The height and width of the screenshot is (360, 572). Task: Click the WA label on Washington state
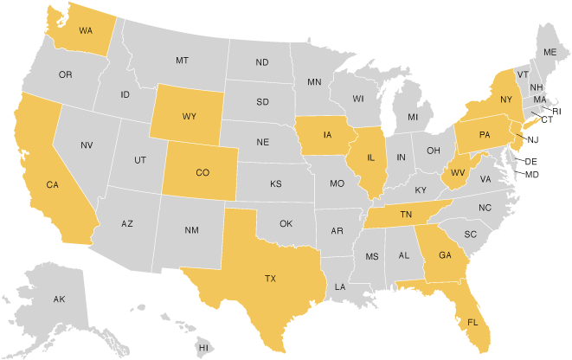coord(86,30)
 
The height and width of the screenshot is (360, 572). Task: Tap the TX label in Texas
coord(270,279)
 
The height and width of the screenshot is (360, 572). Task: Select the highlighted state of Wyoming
coord(189,116)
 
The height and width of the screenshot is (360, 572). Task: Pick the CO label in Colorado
coord(202,172)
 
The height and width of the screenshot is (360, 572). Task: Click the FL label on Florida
coord(472,322)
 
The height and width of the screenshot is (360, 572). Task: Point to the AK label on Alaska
coord(59,299)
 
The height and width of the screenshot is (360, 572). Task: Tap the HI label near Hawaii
coord(204,347)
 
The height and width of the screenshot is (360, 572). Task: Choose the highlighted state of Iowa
coord(328,136)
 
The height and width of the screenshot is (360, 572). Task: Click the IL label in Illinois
coord(371,158)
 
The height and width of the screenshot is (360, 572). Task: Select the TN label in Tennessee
coord(405,215)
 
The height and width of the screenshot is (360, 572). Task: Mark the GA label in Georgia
coord(445,255)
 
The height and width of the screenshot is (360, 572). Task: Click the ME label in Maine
coord(550,53)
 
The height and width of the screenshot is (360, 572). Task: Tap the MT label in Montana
coord(182,61)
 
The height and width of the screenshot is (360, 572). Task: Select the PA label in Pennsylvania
coord(485,134)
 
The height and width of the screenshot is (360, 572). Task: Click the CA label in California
coord(52,184)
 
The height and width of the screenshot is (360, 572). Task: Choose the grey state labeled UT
coord(139,160)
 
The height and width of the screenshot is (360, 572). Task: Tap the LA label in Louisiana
coord(341,286)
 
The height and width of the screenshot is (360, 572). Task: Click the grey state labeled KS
coord(275,184)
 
